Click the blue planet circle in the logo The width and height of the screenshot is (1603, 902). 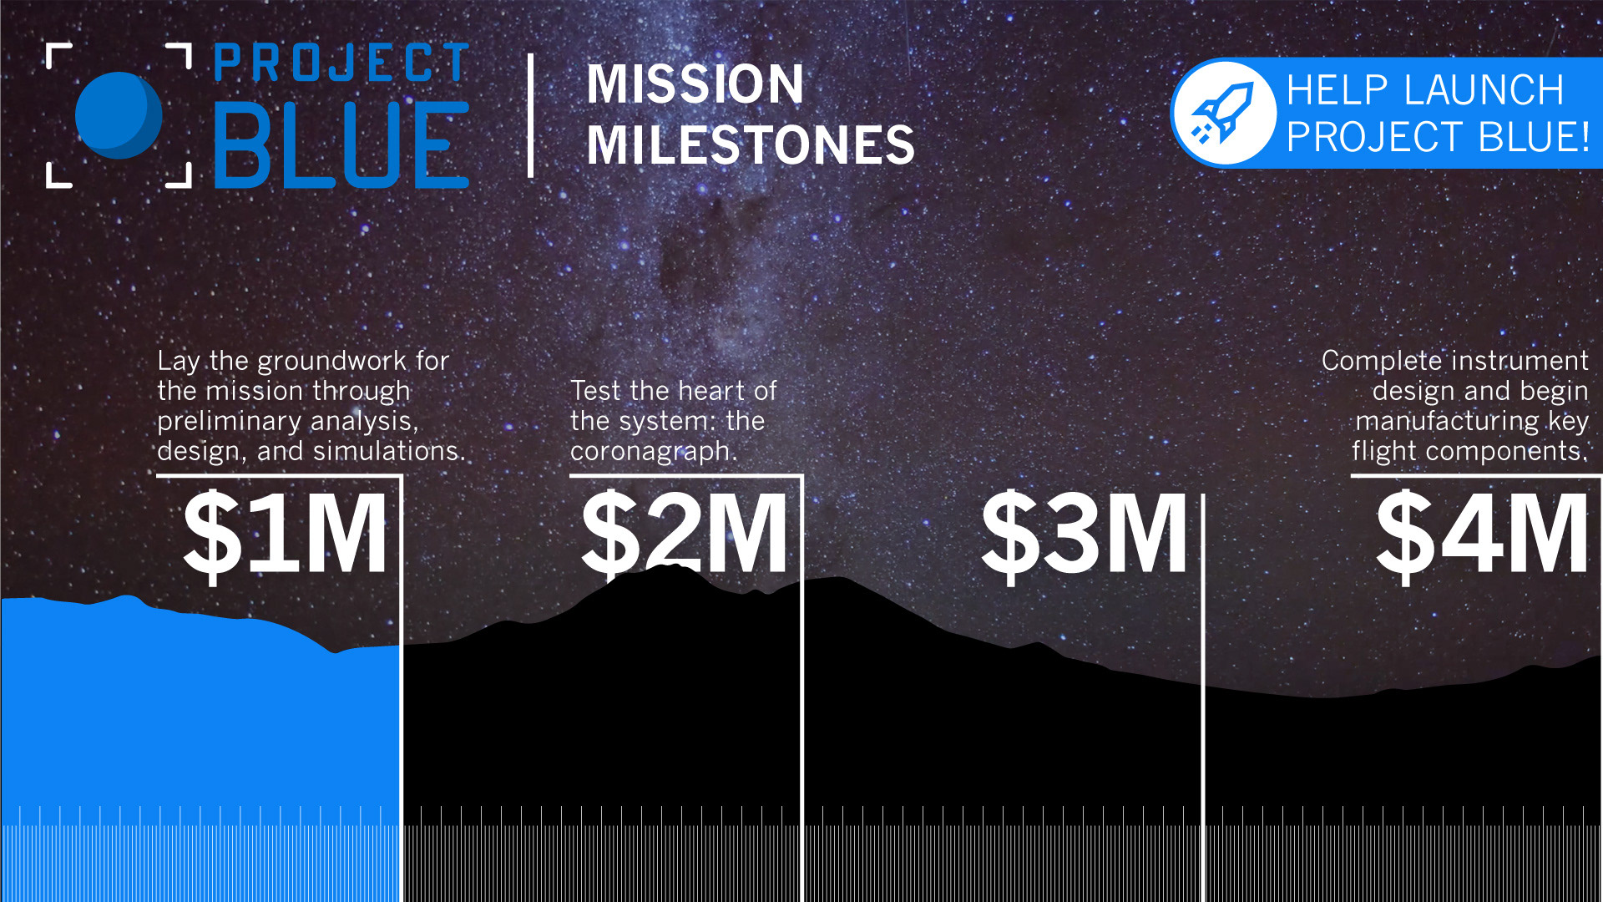point(119,115)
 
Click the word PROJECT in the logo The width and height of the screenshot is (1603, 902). point(341,63)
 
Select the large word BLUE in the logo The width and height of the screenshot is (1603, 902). point(341,144)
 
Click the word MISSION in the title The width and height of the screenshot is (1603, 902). point(695,84)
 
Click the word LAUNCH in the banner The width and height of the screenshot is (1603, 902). point(1484,90)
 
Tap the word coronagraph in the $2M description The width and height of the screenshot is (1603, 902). point(653,452)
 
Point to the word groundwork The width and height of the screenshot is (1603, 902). point(331,361)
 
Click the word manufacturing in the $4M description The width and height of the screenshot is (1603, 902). point(1447,421)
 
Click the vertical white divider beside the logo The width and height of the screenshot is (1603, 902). point(531,115)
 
